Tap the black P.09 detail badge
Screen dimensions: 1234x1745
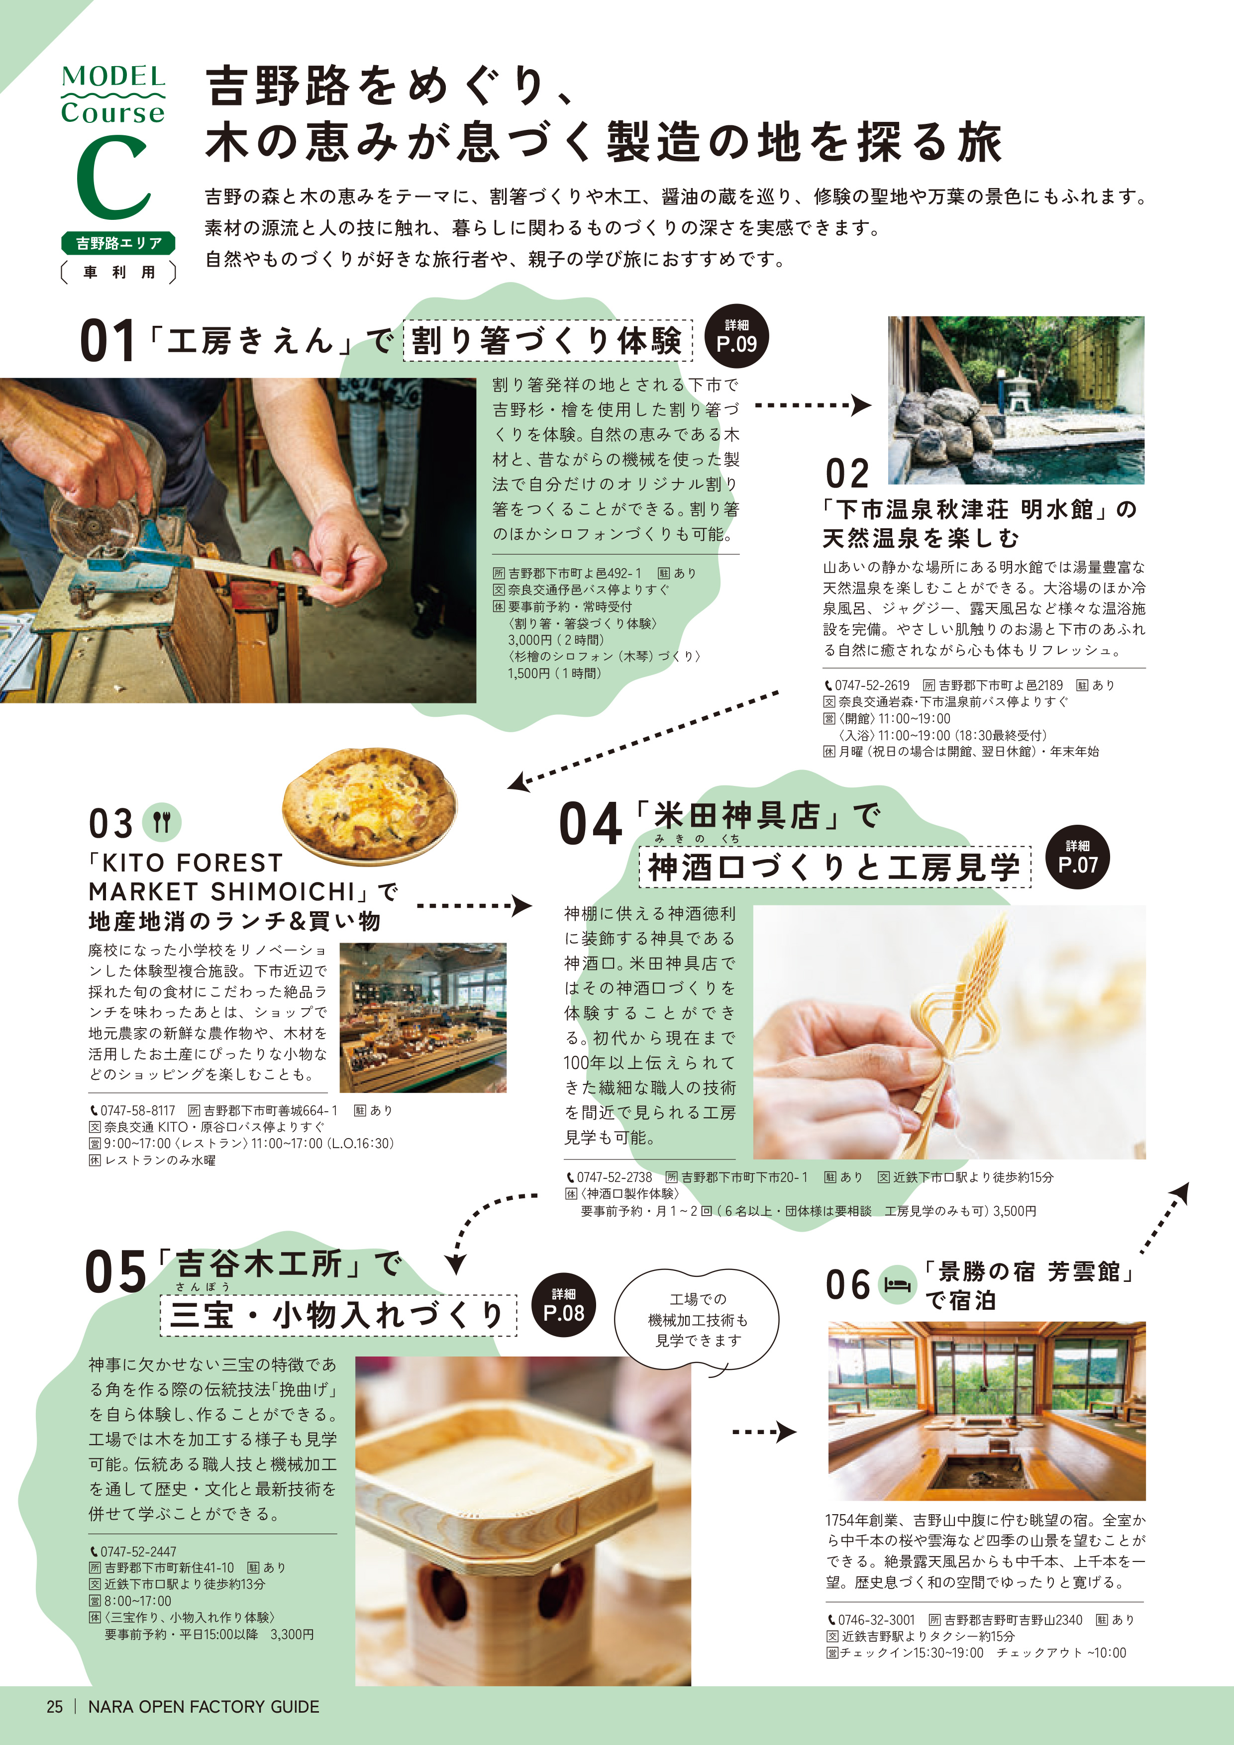736,337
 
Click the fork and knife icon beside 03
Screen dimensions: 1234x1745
162,822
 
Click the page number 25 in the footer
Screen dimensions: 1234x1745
55,1706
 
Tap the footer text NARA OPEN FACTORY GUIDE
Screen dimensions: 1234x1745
204,1706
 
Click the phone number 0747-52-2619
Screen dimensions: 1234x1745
871,685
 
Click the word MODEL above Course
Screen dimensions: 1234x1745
113,77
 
